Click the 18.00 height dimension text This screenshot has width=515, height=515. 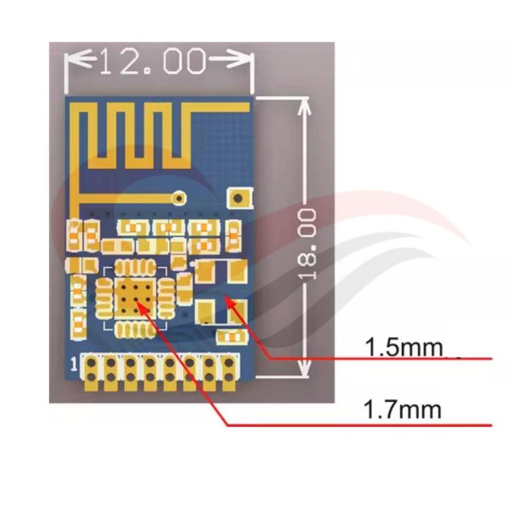307,245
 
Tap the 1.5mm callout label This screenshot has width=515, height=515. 404,347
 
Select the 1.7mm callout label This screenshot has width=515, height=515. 402,409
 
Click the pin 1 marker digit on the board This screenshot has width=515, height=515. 74,364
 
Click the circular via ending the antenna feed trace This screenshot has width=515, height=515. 180,198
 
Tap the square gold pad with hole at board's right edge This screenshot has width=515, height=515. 239,198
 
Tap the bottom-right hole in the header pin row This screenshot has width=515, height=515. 229,377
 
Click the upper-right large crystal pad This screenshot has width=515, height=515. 237,271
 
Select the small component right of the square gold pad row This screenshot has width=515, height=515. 233,234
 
